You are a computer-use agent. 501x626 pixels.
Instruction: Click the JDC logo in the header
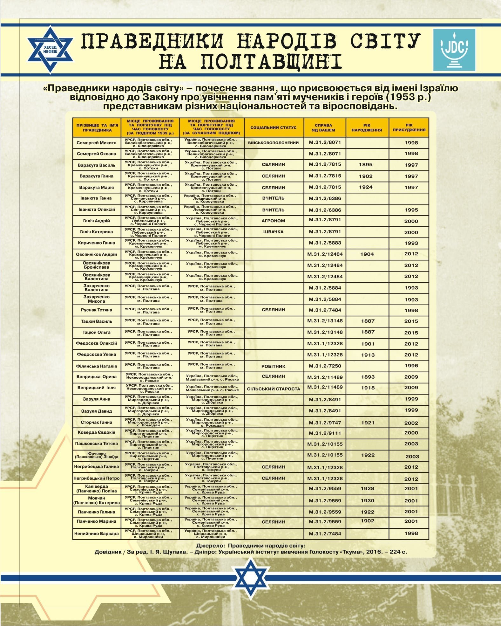click(454, 50)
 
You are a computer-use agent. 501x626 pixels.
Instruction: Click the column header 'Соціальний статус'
click(274, 127)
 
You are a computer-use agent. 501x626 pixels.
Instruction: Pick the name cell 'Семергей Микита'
click(97, 143)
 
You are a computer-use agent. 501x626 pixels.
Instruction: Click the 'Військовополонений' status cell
click(274, 143)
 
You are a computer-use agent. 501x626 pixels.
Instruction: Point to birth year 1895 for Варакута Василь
click(366, 164)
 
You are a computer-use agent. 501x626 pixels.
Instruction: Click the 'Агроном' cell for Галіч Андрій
click(274, 221)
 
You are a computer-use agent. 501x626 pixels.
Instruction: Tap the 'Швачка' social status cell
click(274, 232)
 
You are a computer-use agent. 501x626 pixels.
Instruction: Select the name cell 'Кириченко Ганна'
click(97, 243)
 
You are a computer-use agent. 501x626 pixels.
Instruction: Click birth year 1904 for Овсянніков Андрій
click(367, 254)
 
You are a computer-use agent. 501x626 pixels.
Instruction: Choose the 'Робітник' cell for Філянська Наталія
click(274, 366)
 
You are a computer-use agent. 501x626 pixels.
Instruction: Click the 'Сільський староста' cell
click(274, 389)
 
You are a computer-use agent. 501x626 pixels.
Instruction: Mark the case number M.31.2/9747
click(325, 423)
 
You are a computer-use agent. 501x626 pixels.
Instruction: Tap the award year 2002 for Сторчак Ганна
click(411, 423)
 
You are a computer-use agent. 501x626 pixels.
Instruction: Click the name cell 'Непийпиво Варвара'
click(97, 534)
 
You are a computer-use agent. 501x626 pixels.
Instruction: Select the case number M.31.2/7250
click(325, 366)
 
